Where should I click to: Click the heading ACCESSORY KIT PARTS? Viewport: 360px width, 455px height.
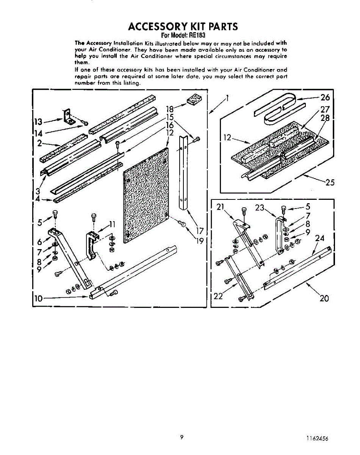point(183,27)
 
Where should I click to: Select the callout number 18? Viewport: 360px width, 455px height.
point(169,110)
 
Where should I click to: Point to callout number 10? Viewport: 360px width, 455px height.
point(38,298)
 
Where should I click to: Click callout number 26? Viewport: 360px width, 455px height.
point(325,97)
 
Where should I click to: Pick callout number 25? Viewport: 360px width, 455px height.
point(330,182)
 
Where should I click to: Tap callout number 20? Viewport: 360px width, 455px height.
point(324,298)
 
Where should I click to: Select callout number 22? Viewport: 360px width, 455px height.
point(218,296)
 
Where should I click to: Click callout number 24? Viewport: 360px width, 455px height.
point(319,238)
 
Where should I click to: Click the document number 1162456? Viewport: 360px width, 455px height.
point(317,438)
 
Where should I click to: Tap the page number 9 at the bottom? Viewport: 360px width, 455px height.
point(182,437)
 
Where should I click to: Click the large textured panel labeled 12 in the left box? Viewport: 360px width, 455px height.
point(146,193)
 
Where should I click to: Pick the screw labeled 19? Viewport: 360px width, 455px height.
point(182,224)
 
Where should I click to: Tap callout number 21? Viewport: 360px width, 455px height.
point(221,207)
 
